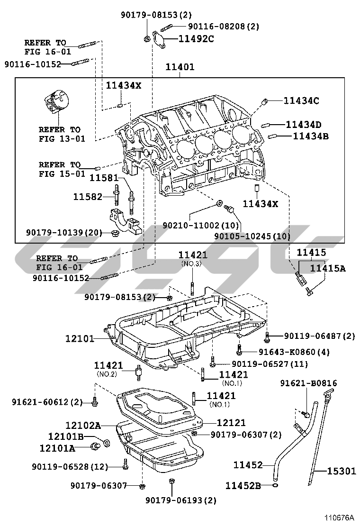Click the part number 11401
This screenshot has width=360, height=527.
click(180, 67)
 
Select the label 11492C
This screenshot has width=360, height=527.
click(196, 39)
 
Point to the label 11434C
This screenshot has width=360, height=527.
click(301, 100)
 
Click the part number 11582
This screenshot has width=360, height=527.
click(87, 196)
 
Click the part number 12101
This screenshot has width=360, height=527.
click(80, 339)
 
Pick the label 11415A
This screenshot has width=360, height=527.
click(327, 269)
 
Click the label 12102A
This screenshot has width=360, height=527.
click(83, 425)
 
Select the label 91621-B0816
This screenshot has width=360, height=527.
click(308, 383)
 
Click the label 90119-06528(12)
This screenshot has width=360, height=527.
click(70, 467)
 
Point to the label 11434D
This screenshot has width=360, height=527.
click(303, 125)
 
